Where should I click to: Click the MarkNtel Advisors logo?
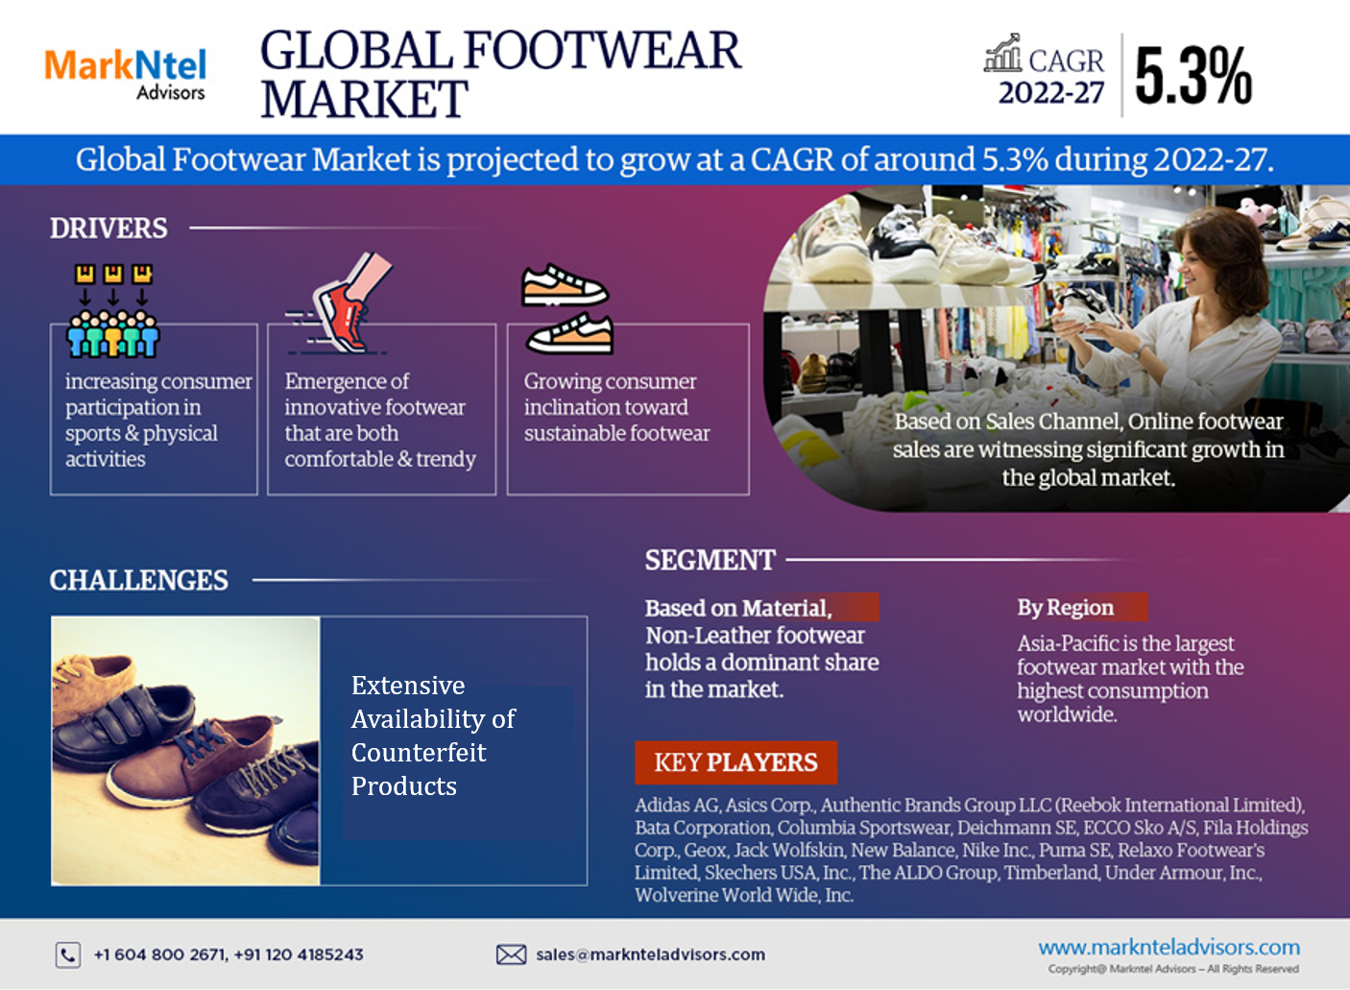126,74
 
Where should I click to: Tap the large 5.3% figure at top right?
1193,76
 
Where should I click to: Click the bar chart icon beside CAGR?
1002,53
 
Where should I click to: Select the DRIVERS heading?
108,228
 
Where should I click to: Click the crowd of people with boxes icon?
112,310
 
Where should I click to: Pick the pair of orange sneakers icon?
567,308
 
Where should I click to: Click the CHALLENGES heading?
138,580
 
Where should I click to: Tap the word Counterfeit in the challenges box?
419,752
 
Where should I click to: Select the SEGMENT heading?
710,560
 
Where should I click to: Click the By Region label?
1065,608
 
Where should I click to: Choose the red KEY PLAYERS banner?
735,762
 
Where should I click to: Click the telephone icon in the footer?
68,955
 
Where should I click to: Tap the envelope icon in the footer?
511,954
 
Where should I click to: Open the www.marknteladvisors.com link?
1169,947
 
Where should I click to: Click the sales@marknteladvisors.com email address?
650,954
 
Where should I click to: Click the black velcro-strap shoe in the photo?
127,723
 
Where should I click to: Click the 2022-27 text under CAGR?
1051,93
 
